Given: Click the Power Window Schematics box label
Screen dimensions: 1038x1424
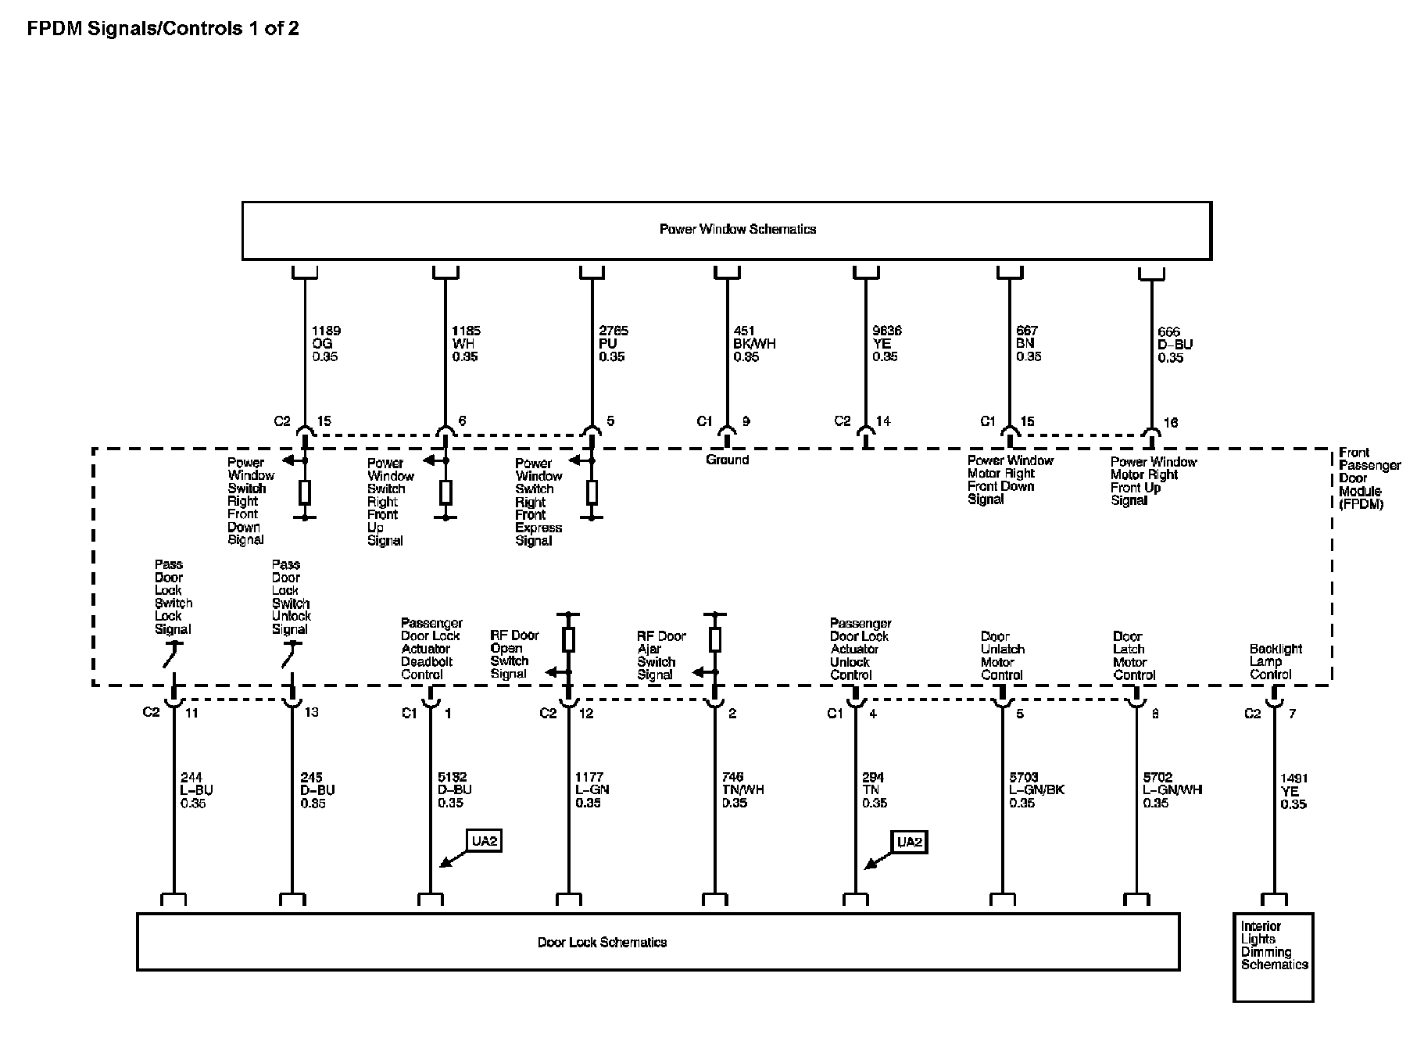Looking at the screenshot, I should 737,229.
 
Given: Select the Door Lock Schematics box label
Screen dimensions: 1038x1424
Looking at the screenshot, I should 602,942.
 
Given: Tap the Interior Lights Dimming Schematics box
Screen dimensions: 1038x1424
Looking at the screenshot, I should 1273,956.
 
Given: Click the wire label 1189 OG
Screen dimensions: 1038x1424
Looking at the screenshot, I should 326,343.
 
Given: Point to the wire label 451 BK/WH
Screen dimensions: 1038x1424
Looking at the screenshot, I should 753,343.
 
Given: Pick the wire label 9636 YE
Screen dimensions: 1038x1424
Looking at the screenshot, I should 886,343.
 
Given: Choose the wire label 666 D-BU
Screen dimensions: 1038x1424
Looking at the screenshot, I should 1175,345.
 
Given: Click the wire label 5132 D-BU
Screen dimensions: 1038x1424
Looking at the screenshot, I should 454,789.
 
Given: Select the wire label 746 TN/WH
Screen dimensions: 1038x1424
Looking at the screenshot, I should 742,789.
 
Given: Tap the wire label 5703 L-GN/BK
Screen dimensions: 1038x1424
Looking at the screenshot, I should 1036,789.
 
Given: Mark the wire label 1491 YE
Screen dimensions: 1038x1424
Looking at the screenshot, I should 1293,791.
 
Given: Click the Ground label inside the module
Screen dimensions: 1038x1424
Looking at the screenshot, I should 727,460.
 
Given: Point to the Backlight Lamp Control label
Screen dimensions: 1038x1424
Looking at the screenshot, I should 1275,661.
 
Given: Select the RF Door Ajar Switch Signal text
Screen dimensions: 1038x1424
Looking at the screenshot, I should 660,655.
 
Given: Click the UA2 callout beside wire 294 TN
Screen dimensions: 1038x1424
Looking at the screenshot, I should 909,841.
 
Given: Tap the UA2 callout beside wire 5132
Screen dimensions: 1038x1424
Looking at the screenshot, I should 484,841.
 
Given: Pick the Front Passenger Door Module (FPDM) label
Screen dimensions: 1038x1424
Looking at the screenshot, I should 1369,478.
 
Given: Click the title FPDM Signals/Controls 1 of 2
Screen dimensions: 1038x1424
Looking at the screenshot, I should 163,29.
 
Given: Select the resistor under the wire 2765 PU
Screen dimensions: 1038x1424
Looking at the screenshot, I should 592,492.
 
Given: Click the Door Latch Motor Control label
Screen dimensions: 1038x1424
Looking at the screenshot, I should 1134,655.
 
